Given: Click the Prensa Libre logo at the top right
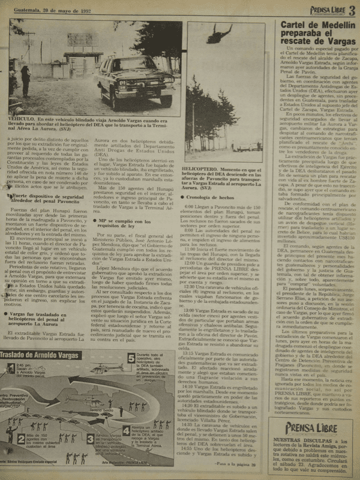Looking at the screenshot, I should [321, 10].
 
